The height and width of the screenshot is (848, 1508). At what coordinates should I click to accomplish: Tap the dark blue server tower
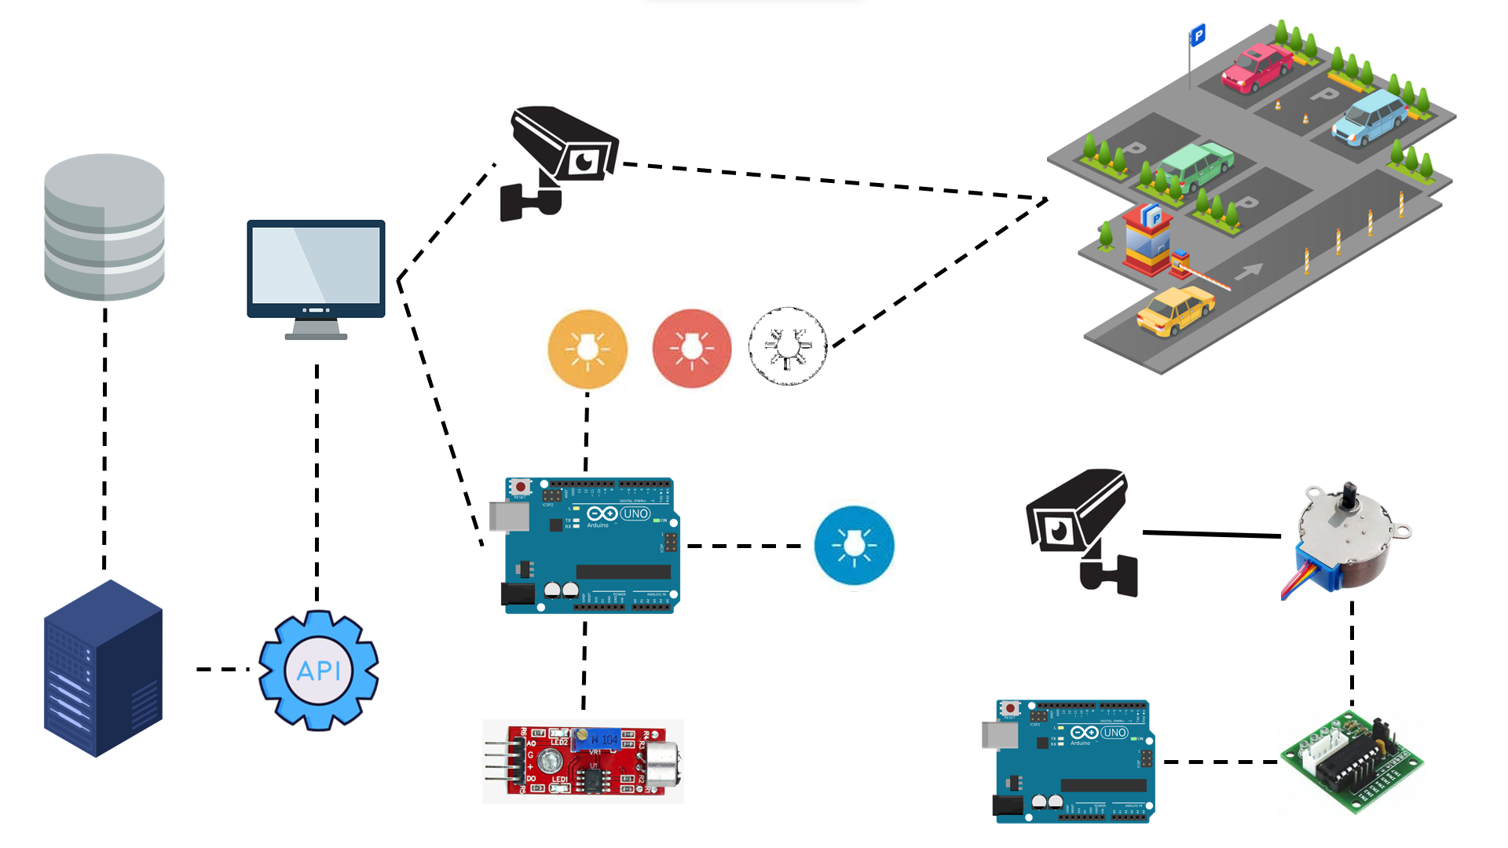click(103, 668)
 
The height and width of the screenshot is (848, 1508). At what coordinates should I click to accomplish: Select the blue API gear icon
click(319, 670)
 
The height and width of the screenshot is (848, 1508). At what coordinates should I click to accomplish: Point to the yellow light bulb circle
click(587, 349)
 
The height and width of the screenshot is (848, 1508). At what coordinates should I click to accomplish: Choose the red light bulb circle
click(691, 348)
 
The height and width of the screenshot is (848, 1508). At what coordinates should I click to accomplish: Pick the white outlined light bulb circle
click(788, 346)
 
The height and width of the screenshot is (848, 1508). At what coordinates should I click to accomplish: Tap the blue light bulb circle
click(854, 545)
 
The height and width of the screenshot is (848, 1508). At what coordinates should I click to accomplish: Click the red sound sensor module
click(583, 761)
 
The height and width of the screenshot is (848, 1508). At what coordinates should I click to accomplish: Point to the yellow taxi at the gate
click(1175, 310)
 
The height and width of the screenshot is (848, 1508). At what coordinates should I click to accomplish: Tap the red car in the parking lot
click(1257, 67)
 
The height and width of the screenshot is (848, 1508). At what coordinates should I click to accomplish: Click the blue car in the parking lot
click(1370, 117)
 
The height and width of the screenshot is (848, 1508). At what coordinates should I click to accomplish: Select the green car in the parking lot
click(1195, 165)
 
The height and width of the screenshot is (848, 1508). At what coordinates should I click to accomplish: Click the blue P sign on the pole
click(1198, 35)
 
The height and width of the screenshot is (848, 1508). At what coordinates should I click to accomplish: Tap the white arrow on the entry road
click(1248, 272)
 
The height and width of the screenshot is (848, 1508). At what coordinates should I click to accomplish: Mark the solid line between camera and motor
click(1211, 534)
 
